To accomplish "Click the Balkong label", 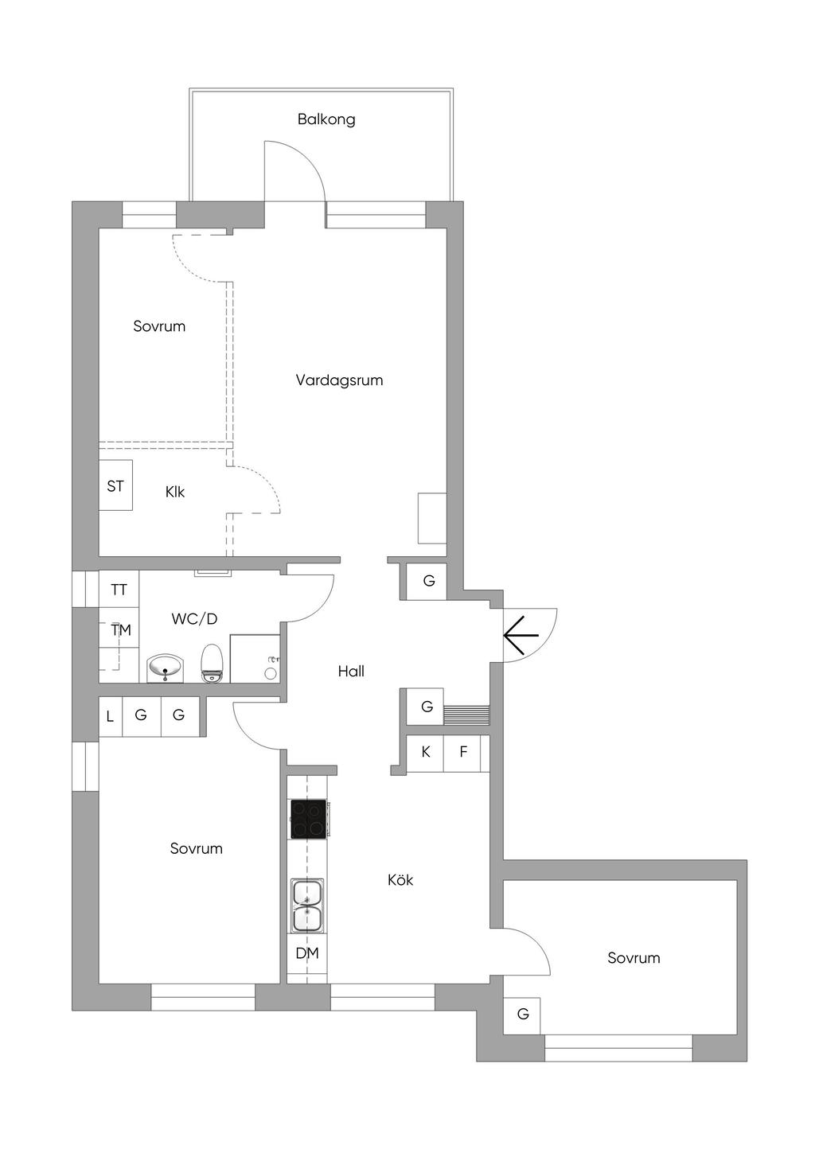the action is point(326,119).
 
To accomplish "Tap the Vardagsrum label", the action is point(339,380).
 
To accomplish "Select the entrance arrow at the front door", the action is point(521,634).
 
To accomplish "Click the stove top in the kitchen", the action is point(308,819).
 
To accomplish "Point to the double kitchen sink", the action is point(307,906).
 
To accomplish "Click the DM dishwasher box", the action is point(307,953).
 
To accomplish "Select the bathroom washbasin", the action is point(165,668).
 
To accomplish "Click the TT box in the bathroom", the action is point(119,590).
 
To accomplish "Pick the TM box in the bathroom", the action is point(120,630).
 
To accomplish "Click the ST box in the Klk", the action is point(115,485).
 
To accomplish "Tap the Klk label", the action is point(175,492).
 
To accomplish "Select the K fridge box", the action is point(426,752).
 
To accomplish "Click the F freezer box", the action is point(463,752).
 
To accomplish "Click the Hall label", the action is point(351,672).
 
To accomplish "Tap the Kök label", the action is point(400,880).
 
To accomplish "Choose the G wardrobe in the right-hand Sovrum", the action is point(523,1015).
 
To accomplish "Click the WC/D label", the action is point(194,618).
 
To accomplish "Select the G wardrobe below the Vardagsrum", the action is point(429,581).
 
